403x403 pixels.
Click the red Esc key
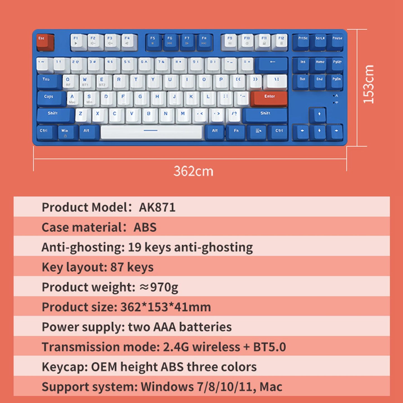pos(45,42)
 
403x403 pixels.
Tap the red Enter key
pos(269,98)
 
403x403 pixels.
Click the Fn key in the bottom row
pos(236,132)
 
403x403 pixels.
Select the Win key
pos(67,132)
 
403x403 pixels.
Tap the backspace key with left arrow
pos(272,64)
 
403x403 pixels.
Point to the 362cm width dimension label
pos(193,171)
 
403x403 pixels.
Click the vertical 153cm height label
pos(368,84)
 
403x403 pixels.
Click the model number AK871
pos(157,207)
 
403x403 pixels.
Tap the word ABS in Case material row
pos(145,227)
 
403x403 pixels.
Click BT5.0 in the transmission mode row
pos(269,347)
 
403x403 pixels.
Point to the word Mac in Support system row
pos(271,387)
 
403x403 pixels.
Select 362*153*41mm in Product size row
pos(165,307)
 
